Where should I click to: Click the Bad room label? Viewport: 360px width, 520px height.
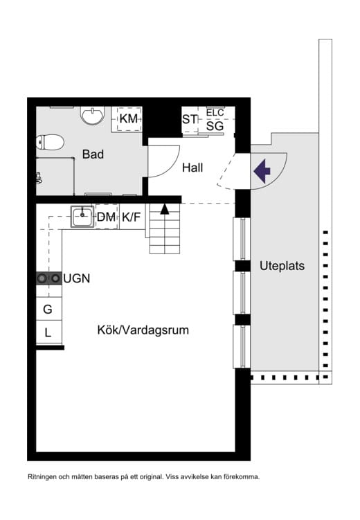tap(93, 154)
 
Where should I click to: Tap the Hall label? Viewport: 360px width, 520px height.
tap(192, 168)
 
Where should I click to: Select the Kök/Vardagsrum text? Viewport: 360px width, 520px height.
tap(143, 330)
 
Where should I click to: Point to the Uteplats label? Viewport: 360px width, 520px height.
tap(282, 265)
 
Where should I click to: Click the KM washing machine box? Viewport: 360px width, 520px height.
tap(128, 119)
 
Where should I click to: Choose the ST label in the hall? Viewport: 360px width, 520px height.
tap(190, 120)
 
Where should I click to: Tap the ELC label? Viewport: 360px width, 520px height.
tap(215, 113)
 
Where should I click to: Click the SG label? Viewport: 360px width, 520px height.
tap(215, 126)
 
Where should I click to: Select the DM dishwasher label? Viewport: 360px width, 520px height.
tap(106, 217)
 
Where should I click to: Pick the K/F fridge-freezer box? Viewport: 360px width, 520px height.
tap(132, 217)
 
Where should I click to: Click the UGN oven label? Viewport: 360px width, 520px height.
tap(77, 278)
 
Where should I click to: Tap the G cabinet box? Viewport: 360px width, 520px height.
tap(48, 309)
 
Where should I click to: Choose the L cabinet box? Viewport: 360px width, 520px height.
tap(48, 333)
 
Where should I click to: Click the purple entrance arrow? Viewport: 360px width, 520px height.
tap(262, 170)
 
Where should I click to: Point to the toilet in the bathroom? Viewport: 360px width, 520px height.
tap(51, 143)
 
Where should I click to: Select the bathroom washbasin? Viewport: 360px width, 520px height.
tap(92, 115)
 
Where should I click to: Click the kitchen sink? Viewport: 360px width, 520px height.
tap(82, 216)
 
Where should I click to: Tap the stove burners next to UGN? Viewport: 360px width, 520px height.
tap(48, 278)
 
